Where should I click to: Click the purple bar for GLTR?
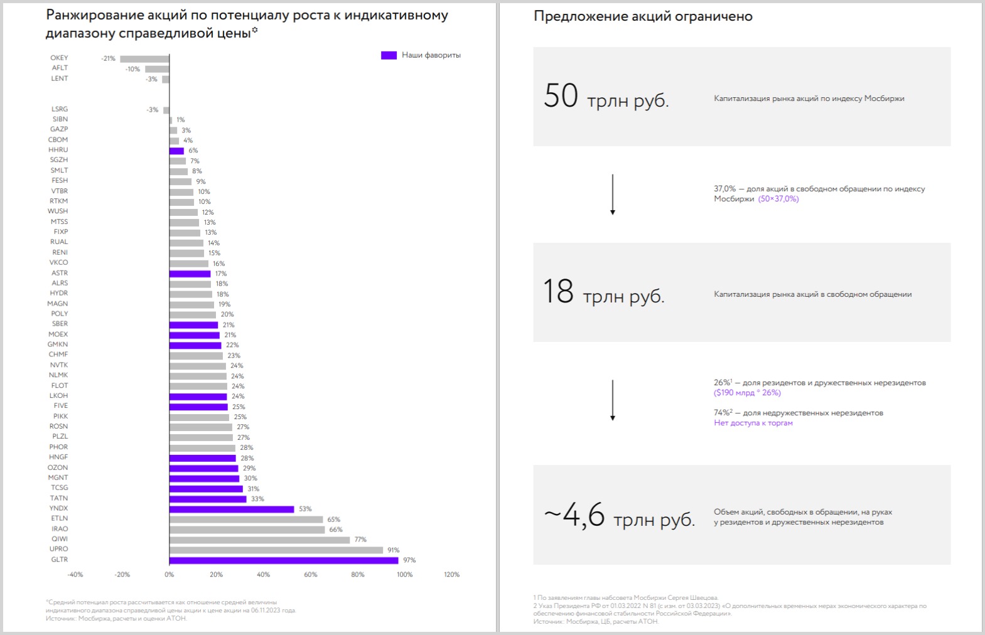click(x=284, y=560)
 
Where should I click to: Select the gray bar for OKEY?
click(x=144, y=59)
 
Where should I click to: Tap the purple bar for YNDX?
click(x=232, y=509)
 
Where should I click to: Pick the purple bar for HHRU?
click(x=176, y=151)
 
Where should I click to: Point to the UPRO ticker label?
click(x=59, y=549)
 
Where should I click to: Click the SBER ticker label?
click(x=60, y=324)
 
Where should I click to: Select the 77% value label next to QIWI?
click(x=360, y=540)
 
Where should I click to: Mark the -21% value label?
click(x=108, y=59)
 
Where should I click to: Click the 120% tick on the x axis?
click(x=451, y=575)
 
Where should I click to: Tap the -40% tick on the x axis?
click(x=75, y=575)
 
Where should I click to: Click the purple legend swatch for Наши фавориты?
click(x=389, y=55)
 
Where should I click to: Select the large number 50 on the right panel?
click(x=561, y=96)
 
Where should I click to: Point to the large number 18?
click(x=558, y=292)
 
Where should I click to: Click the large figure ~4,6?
click(x=574, y=515)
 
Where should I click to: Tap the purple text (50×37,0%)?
click(x=778, y=199)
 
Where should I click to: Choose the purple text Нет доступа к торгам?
click(x=753, y=423)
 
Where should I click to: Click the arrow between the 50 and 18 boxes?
click(x=613, y=195)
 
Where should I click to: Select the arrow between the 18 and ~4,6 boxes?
click(x=613, y=400)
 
